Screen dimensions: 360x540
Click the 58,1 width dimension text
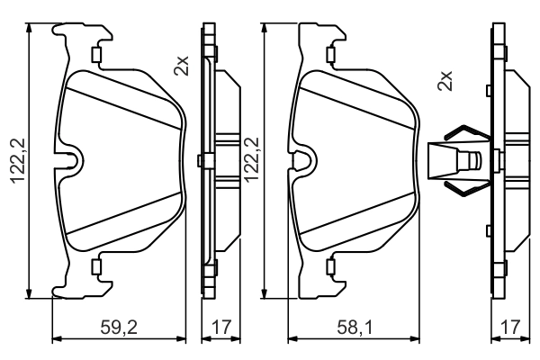point(351,328)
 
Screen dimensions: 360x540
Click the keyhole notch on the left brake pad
point(69,160)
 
